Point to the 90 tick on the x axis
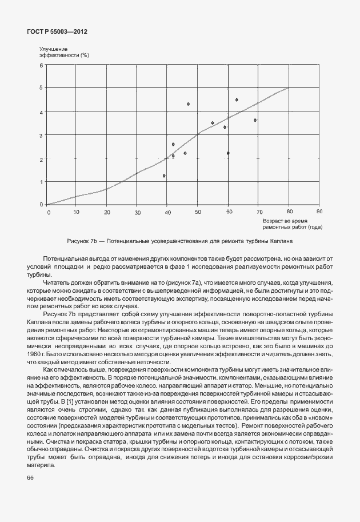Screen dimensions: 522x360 pos(319,212)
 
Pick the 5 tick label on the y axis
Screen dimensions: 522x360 pos(41,87)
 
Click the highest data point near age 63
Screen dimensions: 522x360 pos(237,99)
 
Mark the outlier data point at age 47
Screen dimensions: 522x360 pos(188,104)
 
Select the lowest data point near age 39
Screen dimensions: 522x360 pos(164,176)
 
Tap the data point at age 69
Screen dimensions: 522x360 pos(255,120)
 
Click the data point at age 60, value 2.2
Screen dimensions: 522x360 pos(228,153)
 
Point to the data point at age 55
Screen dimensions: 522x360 pos(213,123)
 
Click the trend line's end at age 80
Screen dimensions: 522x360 pos(289,88)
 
